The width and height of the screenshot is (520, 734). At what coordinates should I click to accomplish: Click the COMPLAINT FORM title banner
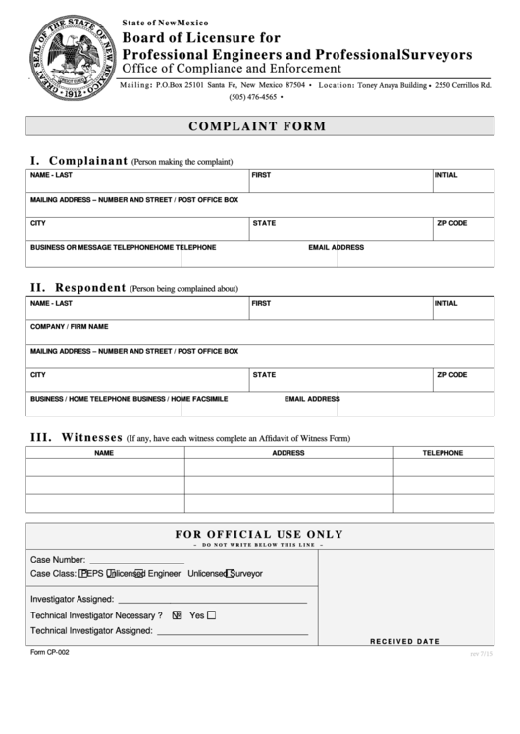click(259, 126)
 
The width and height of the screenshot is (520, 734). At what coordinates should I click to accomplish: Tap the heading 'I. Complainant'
click(78, 160)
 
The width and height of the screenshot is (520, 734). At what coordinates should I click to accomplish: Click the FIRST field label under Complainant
click(261, 175)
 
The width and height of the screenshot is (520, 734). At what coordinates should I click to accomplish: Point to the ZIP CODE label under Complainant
click(451, 223)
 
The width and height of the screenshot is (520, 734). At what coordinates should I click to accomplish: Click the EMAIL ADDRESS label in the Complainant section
click(336, 247)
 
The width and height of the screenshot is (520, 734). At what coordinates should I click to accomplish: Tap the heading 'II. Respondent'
click(78, 288)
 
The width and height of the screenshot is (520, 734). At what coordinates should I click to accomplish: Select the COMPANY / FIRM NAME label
click(69, 326)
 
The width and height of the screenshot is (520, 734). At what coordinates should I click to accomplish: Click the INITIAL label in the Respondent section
click(445, 303)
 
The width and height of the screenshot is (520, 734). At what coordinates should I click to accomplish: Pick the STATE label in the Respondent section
click(264, 374)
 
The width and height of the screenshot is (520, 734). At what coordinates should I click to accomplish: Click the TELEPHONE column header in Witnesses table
click(442, 453)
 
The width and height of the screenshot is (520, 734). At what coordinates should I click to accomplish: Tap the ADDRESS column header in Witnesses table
click(288, 453)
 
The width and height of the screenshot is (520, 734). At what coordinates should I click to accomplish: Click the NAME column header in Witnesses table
click(104, 453)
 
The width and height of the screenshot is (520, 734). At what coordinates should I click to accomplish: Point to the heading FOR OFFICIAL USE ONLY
click(259, 534)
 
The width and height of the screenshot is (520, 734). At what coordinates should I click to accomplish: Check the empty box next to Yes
click(212, 615)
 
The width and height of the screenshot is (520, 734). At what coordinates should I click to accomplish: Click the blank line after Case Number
click(136, 561)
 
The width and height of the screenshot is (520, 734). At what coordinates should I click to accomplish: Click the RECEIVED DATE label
click(404, 641)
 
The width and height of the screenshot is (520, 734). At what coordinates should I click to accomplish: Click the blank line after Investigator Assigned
click(212, 600)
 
